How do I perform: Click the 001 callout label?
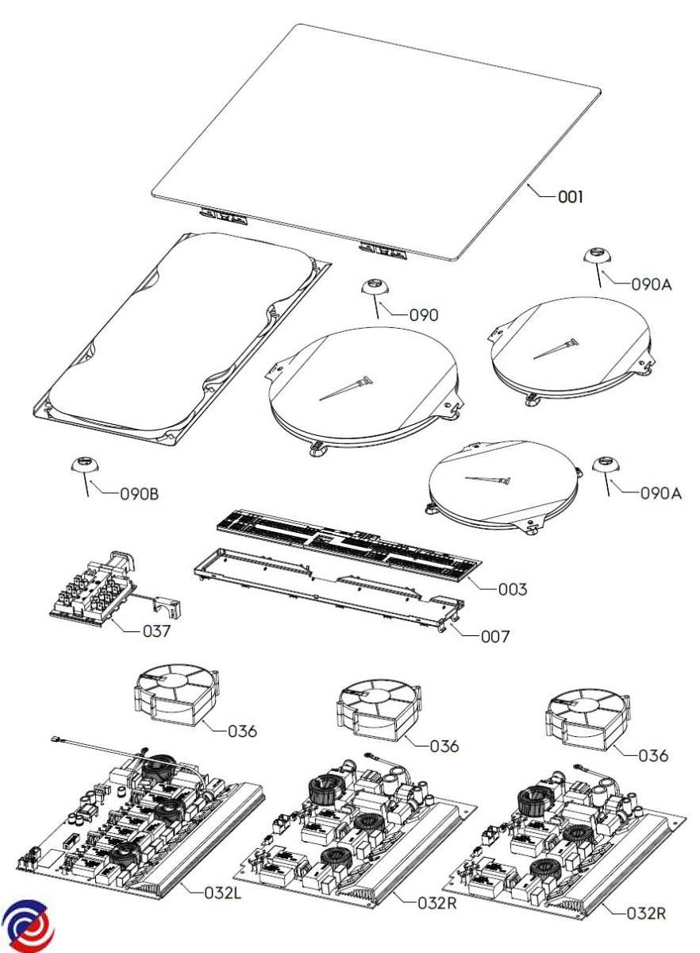tap(569, 196)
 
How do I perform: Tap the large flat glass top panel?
tap(373, 139)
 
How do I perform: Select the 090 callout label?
tap(424, 315)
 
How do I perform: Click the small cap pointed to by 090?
tap(374, 287)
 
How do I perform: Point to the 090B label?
tap(140, 494)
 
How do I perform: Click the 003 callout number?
tap(513, 589)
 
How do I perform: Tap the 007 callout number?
tap(496, 636)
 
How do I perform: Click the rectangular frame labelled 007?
tap(333, 592)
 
